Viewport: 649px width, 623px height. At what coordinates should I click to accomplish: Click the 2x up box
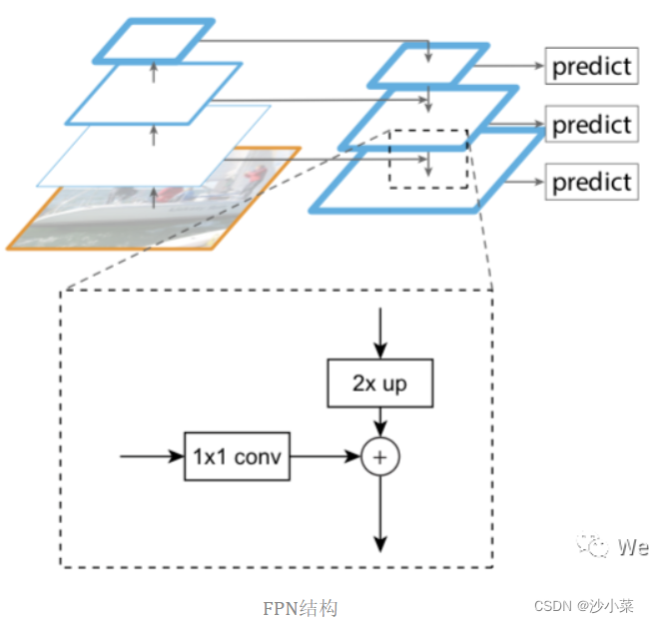coord(380,383)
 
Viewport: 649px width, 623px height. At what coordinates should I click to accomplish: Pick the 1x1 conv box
coord(237,457)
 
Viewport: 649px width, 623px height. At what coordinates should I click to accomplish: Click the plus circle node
coord(379,457)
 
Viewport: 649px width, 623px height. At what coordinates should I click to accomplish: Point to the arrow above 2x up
coord(379,334)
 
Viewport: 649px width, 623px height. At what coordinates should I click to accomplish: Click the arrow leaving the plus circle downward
coord(379,514)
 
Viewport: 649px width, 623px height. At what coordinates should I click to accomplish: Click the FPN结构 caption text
coord(300,608)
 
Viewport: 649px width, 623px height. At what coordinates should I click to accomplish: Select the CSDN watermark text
coord(584,607)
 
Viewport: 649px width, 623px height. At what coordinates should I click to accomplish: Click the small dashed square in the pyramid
coord(428,158)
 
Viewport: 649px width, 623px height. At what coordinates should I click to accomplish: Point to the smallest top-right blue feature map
coord(427,65)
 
